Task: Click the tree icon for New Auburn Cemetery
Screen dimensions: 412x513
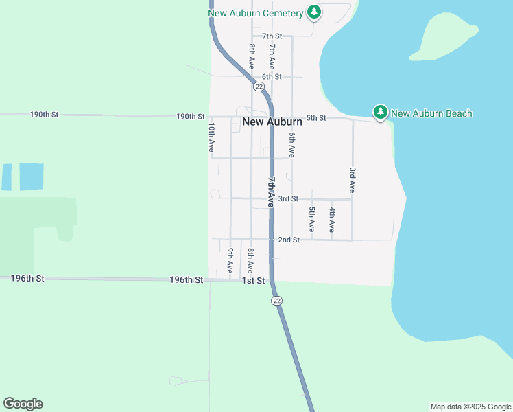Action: [314, 12]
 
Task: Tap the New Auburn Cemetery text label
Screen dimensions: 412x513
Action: [256, 13]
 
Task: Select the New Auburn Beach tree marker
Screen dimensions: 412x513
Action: [380, 112]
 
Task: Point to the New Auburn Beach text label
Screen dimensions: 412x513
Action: [431, 113]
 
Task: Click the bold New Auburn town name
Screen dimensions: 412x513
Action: [272, 122]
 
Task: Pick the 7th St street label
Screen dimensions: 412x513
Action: [272, 36]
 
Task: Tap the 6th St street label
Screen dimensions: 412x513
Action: [272, 76]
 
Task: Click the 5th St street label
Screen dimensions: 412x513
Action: [316, 118]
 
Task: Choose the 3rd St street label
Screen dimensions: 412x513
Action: [288, 198]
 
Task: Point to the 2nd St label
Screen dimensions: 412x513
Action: [289, 240]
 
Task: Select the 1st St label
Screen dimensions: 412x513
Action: [254, 281]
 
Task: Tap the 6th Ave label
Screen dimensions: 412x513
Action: [292, 145]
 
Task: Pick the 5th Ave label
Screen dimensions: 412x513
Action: [312, 218]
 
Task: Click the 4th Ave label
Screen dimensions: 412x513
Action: [332, 218]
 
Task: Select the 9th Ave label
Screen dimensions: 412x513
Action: [230, 259]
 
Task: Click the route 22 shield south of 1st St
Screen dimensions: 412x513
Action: [276, 301]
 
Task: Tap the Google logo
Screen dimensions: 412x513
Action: [23, 404]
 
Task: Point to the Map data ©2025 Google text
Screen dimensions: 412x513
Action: [470, 407]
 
